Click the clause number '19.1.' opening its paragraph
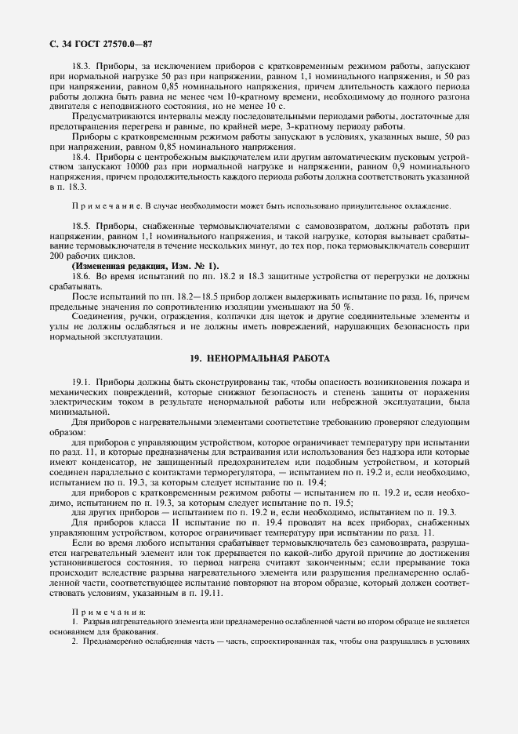(84, 382)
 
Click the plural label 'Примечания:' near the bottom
(103, 612)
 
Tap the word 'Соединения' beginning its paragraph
(98, 317)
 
